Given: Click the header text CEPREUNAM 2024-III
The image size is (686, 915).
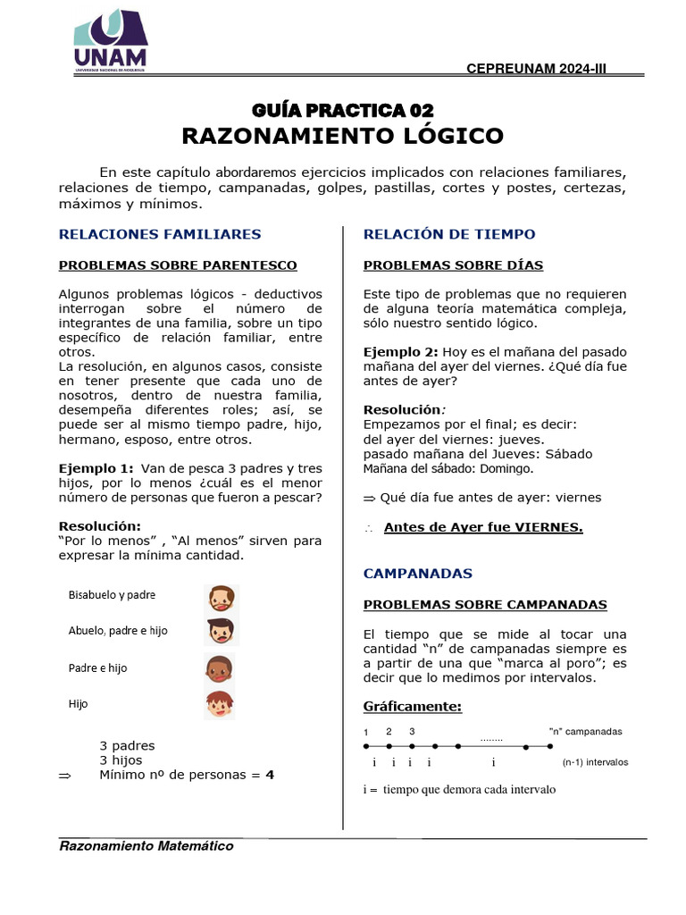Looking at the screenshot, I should [537, 70].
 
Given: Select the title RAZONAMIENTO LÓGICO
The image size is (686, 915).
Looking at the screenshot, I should [343, 136].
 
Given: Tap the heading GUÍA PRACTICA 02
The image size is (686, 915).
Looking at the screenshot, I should [343, 110].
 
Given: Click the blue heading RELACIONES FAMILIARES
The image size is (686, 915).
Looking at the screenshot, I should [160, 234].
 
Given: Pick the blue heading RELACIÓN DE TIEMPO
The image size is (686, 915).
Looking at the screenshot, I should [449, 234].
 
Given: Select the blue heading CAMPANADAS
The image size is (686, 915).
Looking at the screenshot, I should [418, 573].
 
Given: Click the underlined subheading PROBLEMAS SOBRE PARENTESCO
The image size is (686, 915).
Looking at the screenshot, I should [178, 265].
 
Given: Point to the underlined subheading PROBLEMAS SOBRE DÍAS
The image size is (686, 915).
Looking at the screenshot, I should [453, 265].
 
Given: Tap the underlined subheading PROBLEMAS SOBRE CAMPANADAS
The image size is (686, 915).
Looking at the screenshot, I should [485, 605].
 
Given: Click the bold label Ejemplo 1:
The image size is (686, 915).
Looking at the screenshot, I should [96, 468].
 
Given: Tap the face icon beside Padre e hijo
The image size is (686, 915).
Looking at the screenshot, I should [220, 668].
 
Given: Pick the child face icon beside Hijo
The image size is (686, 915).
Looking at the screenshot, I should [220, 704].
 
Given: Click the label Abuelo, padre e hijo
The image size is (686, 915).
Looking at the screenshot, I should [118, 631].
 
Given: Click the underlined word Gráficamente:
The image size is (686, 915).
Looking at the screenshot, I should [412, 707].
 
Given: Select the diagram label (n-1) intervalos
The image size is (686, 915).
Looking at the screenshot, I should [595, 762].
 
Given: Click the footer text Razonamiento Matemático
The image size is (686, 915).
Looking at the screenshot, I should [146, 846].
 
